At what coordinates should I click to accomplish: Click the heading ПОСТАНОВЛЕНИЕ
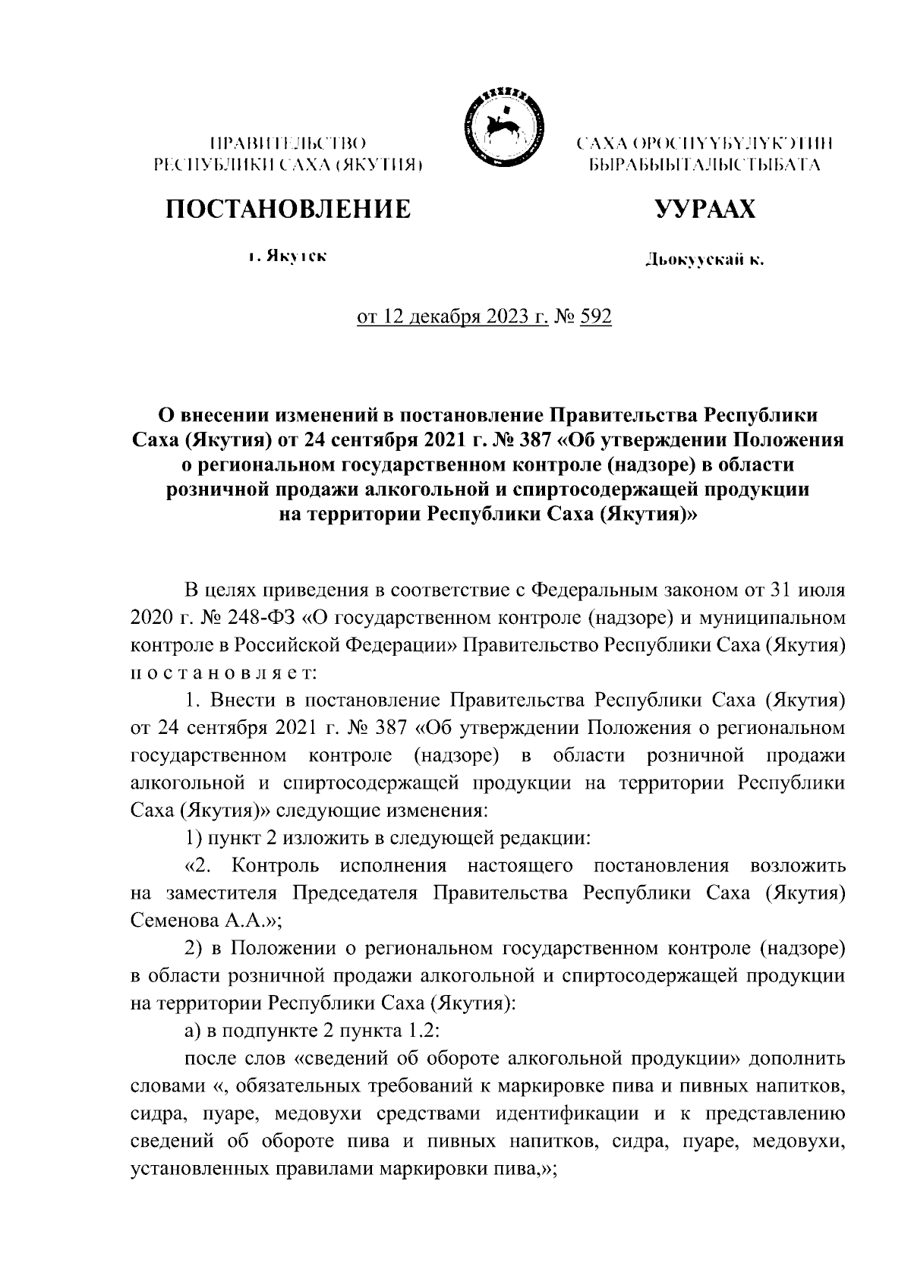click(288, 208)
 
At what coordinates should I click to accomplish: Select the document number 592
click(595, 316)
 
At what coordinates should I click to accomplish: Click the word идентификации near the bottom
click(563, 1114)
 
